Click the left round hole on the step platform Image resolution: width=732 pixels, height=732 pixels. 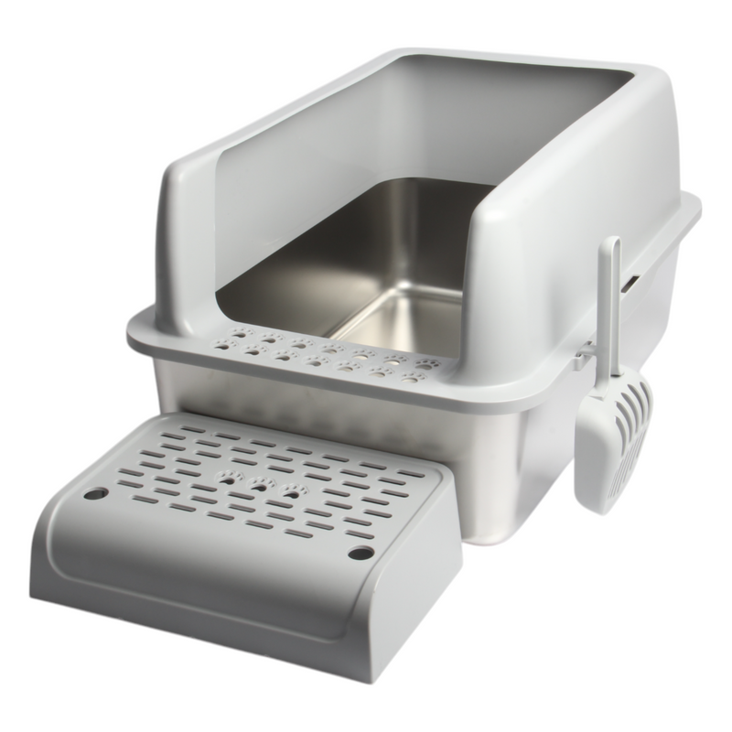94,493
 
